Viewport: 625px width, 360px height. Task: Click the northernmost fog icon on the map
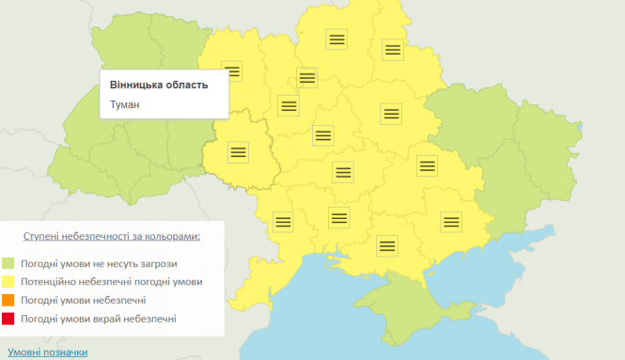coord(337,39)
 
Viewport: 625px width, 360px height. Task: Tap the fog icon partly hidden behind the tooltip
coord(233,70)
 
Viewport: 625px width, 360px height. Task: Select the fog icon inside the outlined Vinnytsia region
coord(239,150)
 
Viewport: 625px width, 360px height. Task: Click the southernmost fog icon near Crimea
coord(386,245)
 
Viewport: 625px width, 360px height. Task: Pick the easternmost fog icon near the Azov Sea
coord(451,222)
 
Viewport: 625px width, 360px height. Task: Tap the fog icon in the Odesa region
coord(282,222)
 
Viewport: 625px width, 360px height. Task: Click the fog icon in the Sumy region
coord(392,49)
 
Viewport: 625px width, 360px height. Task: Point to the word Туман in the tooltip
coord(126,104)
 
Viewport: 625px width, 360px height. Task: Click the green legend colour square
coord(8,264)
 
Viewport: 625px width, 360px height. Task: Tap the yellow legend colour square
coord(8,282)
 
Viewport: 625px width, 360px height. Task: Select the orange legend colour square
coord(8,301)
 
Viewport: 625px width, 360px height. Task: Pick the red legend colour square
coord(8,320)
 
